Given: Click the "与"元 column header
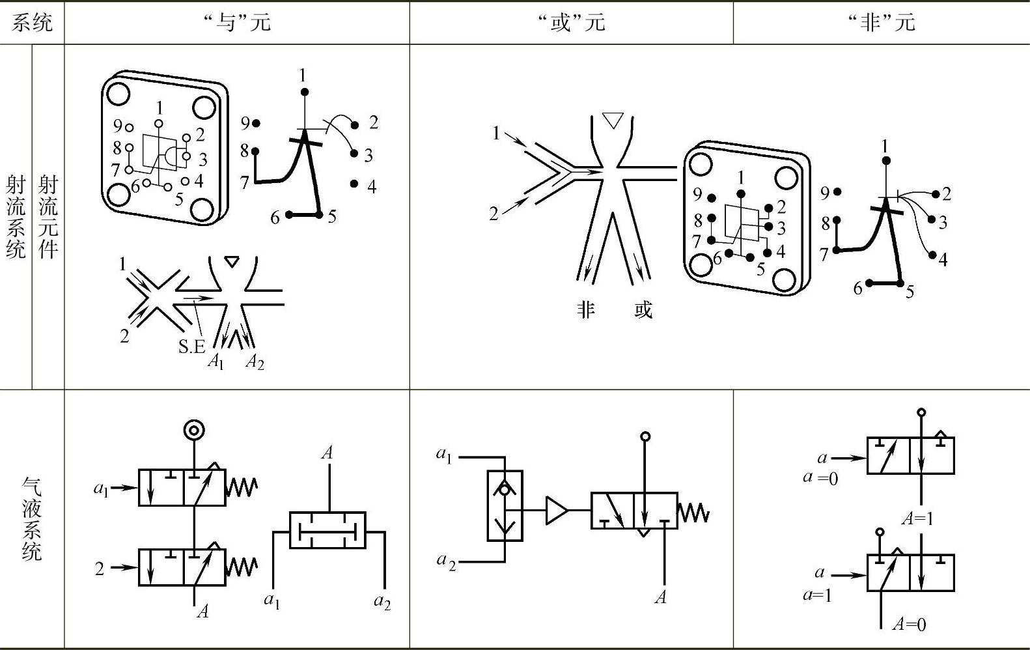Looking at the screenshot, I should click(x=236, y=23).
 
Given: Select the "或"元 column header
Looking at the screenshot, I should click(x=572, y=23).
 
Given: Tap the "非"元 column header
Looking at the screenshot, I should click(x=882, y=23).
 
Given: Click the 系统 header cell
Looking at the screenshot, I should click(x=32, y=23).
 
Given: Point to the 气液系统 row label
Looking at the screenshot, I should click(x=31, y=518).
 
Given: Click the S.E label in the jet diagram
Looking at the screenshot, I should click(x=191, y=346).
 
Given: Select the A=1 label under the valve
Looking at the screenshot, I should click(x=918, y=518).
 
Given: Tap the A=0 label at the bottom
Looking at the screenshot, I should click(x=910, y=624).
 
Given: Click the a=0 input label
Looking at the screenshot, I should click(x=821, y=478).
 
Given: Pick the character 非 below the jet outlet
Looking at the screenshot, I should click(x=585, y=309).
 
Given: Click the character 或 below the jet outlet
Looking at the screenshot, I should click(x=643, y=309).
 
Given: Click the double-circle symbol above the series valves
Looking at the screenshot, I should click(x=194, y=430).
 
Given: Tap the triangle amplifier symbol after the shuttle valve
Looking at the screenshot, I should click(x=557, y=510).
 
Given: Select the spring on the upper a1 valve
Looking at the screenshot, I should click(x=242, y=487).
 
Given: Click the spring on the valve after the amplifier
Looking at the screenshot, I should click(x=693, y=513).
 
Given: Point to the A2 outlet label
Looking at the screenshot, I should click(x=255, y=362).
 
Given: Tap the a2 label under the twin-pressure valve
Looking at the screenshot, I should click(x=382, y=602).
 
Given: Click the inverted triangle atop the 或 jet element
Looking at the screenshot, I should click(x=613, y=120).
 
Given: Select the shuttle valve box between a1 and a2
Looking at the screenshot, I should click(x=505, y=505).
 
